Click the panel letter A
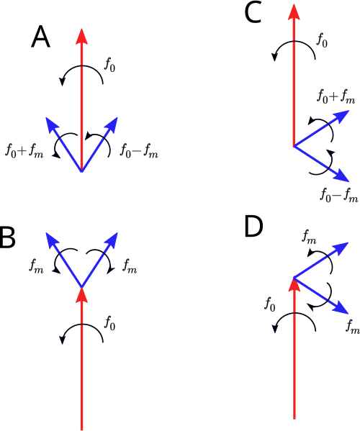pyautogui.click(x=41, y=37)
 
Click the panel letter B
pyautogui.click(x=6, y=237)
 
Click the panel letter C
pyautogui.click(x=253, y=13)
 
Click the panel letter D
pyautogui.click(x=253, y=227)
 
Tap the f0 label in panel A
pyautogui.click(x=109, y=65)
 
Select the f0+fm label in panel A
pyautogui.click(x=24, y=151)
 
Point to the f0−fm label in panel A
pyautogui.click(x=139, y=151)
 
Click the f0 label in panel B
pyautogui.click(x=109, y=323)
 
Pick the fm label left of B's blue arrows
pyautogui.click(x=36, y=266)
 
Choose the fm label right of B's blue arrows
pyautogui.click(x=130, y=266)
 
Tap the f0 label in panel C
pyautogui.click(x=322, y=41)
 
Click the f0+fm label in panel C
pyautogui.click(x=336, y=96)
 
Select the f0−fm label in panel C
pyautogui.click(x=339, y=195)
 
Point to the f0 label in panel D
pyautogui.click(x=270, y=304)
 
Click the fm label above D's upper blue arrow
pyautogui.click(x=309, y=237)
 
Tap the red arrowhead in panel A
pyautogui.click(x=81, y=36)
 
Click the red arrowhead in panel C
pyautogui.click(x=294, y=12)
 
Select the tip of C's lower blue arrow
pyautogui.click(x=349, y=182)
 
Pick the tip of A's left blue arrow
pyautogui.click(x=45, y=117)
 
